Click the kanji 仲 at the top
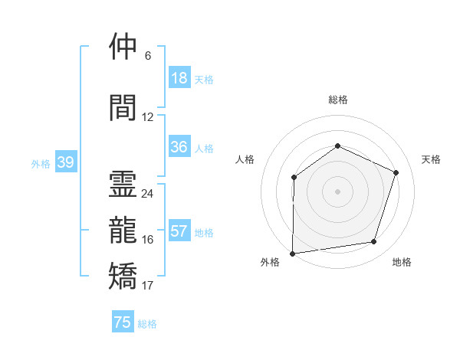[124, 47]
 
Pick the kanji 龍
[124, 229]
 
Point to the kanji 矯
[124, 276]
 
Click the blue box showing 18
[179, 78]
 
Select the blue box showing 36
[179, 147]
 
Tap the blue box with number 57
[179, 231]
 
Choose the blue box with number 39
[65, 162]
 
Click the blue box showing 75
[123, 322]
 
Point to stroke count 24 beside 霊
[147, 194]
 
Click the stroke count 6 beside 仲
[147, 56]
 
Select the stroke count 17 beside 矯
[147, 286]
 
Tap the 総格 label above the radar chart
[337, 100]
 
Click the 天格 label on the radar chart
[431, 159]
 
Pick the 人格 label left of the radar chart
[245, 159]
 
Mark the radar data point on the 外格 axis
[293, 253]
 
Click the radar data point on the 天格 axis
[396, 172]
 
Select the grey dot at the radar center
[337, 191]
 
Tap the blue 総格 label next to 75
[147, 324]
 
